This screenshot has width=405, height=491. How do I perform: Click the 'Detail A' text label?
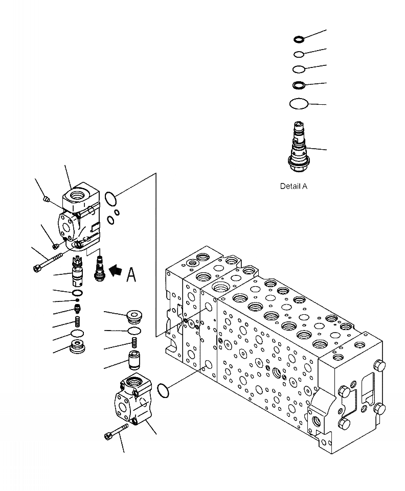pyautogui.click(x=294, y=186)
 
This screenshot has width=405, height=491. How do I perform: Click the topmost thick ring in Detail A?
pyautogui.click(x=299, y=39)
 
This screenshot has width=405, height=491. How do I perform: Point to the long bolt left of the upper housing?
pyautogui.click(x=48, y=261)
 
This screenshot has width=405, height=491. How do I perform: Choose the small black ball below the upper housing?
pyautogui.click(x=77, y=300)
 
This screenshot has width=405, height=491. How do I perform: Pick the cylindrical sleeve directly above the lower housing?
pyautogui.click(x=134, y=360)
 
